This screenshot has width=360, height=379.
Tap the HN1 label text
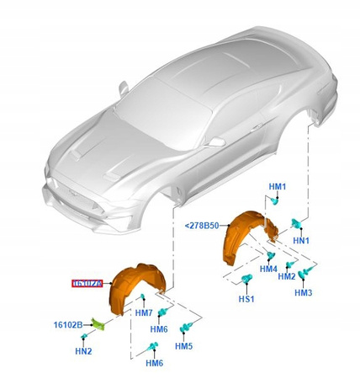click(300, 241)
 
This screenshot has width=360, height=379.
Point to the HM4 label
click(268, 270)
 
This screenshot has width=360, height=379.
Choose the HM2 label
click(287, 276)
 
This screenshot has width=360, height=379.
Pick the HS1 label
click(245, 299)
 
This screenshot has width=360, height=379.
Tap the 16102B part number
click(68, 324)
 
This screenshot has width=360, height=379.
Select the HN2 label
click(83, 350)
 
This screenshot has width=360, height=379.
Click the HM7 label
click(144, 313)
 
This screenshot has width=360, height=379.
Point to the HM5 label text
click(184, 346)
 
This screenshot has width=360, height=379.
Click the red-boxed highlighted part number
click(87, 285)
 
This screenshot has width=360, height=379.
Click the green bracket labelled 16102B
click(98, 323)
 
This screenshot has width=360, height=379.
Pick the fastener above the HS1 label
click(246, 281)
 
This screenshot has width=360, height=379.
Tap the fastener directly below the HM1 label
click(278, 200)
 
